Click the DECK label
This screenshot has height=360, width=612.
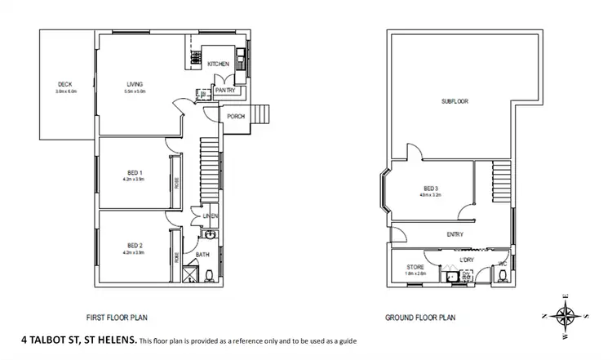tap(66, 84)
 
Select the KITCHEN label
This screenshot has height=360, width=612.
tap(217, 64)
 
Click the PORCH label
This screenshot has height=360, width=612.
tap(237, 116)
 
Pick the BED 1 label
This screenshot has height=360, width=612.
tap(135, 172)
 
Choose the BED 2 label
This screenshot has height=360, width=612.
tap(135, 246)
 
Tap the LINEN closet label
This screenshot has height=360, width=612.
tap(212, 216)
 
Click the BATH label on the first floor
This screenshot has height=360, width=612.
tap(202, 256)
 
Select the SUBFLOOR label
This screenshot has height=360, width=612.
tap(455, 102)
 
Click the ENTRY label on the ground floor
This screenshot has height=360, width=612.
tap(455, 235)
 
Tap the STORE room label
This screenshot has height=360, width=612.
tap(415, 267)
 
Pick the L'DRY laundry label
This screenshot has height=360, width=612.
tap(467, 260)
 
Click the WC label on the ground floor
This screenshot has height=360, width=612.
tap(503, 263)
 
